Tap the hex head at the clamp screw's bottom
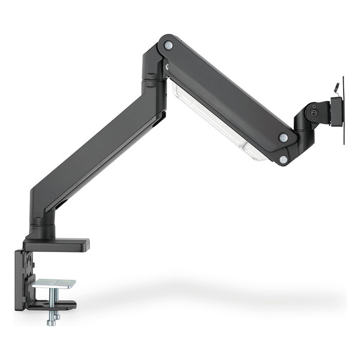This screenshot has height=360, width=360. tap(51, 322)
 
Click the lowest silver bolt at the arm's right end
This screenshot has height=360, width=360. tap(283, 160)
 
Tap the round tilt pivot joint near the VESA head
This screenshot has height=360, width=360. tap(312, 111)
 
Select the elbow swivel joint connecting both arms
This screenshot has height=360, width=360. tap(153, 72)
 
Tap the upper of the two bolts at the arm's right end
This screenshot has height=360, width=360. tap(283, 138)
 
